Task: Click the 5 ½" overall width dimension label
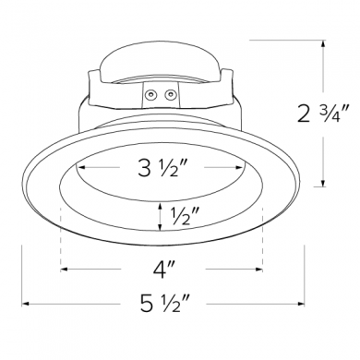(164, 304)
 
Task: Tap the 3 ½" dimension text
(162, 168)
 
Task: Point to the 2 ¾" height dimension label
(323, 114)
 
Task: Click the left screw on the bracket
(150, 95)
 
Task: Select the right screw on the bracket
(170, 95)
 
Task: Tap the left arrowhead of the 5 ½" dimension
(25, 304)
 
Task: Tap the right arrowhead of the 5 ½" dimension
(301, 304)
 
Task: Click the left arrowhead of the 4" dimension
(64, 270)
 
